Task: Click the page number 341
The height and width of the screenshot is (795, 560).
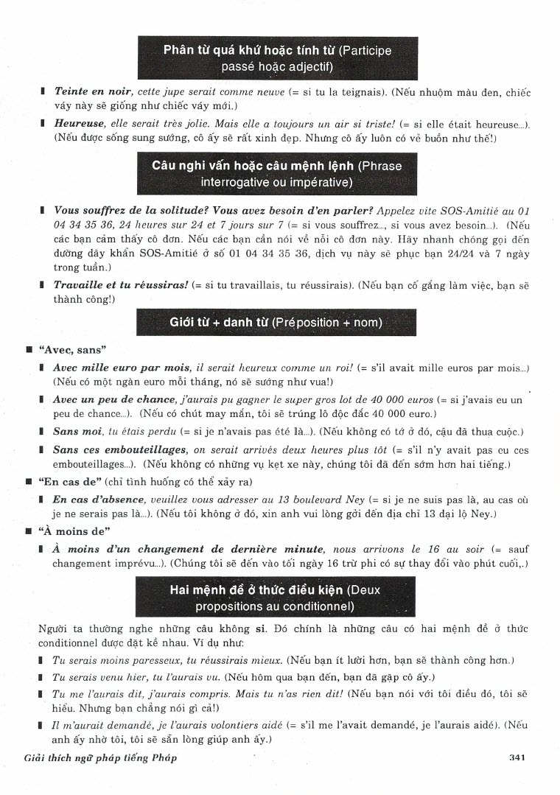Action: click(516, 757)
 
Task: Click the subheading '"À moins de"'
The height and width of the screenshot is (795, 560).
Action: click(74, 531)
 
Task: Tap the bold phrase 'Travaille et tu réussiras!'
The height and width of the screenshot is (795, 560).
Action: click(121, 284)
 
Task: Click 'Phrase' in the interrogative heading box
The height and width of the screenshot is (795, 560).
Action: click(376, 166)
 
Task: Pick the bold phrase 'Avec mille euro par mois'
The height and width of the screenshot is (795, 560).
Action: click(122, 367)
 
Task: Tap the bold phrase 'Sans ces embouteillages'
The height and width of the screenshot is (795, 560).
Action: click(119, 449)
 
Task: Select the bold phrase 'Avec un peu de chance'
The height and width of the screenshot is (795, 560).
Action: click(114, 399)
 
